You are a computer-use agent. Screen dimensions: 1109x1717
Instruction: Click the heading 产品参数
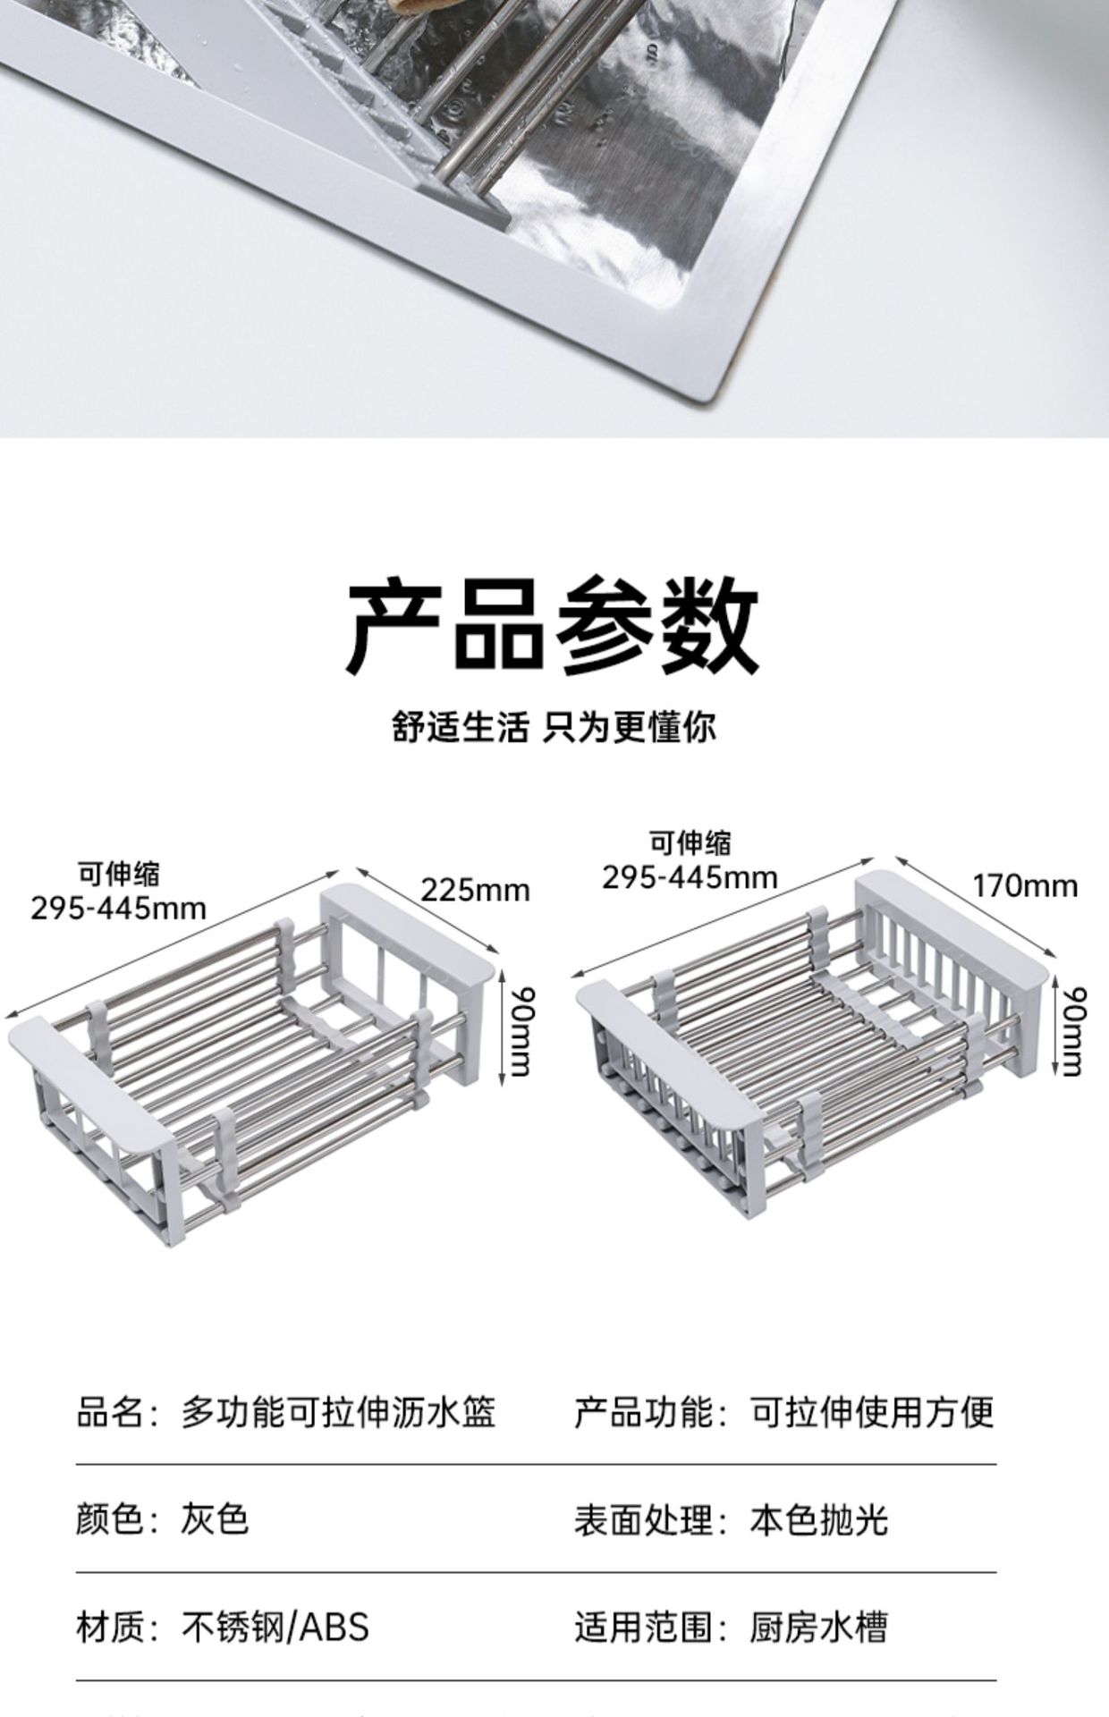(x=553, y=625)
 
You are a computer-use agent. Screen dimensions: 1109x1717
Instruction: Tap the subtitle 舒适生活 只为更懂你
(x=554, y=727)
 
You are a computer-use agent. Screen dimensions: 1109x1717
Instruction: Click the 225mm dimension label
(x=475, y=891)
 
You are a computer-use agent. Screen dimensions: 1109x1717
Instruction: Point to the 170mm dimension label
(x=1025, y=886)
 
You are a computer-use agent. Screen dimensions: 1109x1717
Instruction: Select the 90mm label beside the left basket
(x=519, y=1030)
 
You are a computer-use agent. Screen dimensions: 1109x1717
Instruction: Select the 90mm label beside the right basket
(x=1071, y=1030)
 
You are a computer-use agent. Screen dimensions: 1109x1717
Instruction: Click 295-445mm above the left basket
(x=118, y=909)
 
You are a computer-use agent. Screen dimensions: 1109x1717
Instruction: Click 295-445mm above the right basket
(x=690, y=877)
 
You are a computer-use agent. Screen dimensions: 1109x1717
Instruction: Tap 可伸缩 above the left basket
(x=118, y=874)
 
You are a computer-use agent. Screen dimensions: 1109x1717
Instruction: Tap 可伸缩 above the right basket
(x=690, y=842)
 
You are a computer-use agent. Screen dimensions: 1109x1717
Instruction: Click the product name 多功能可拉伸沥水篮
(x=338, y=1413)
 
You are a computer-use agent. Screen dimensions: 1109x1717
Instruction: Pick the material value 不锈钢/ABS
(x=275, y=1627)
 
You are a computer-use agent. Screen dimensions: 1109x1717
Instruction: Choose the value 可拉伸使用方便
(x=871, y=1413)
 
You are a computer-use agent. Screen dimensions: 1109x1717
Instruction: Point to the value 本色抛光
(x=818, y=1519)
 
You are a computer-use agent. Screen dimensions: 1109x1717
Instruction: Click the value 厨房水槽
(x=818, y=1627)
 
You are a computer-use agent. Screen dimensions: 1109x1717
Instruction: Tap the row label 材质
(x=109, y=1627)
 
